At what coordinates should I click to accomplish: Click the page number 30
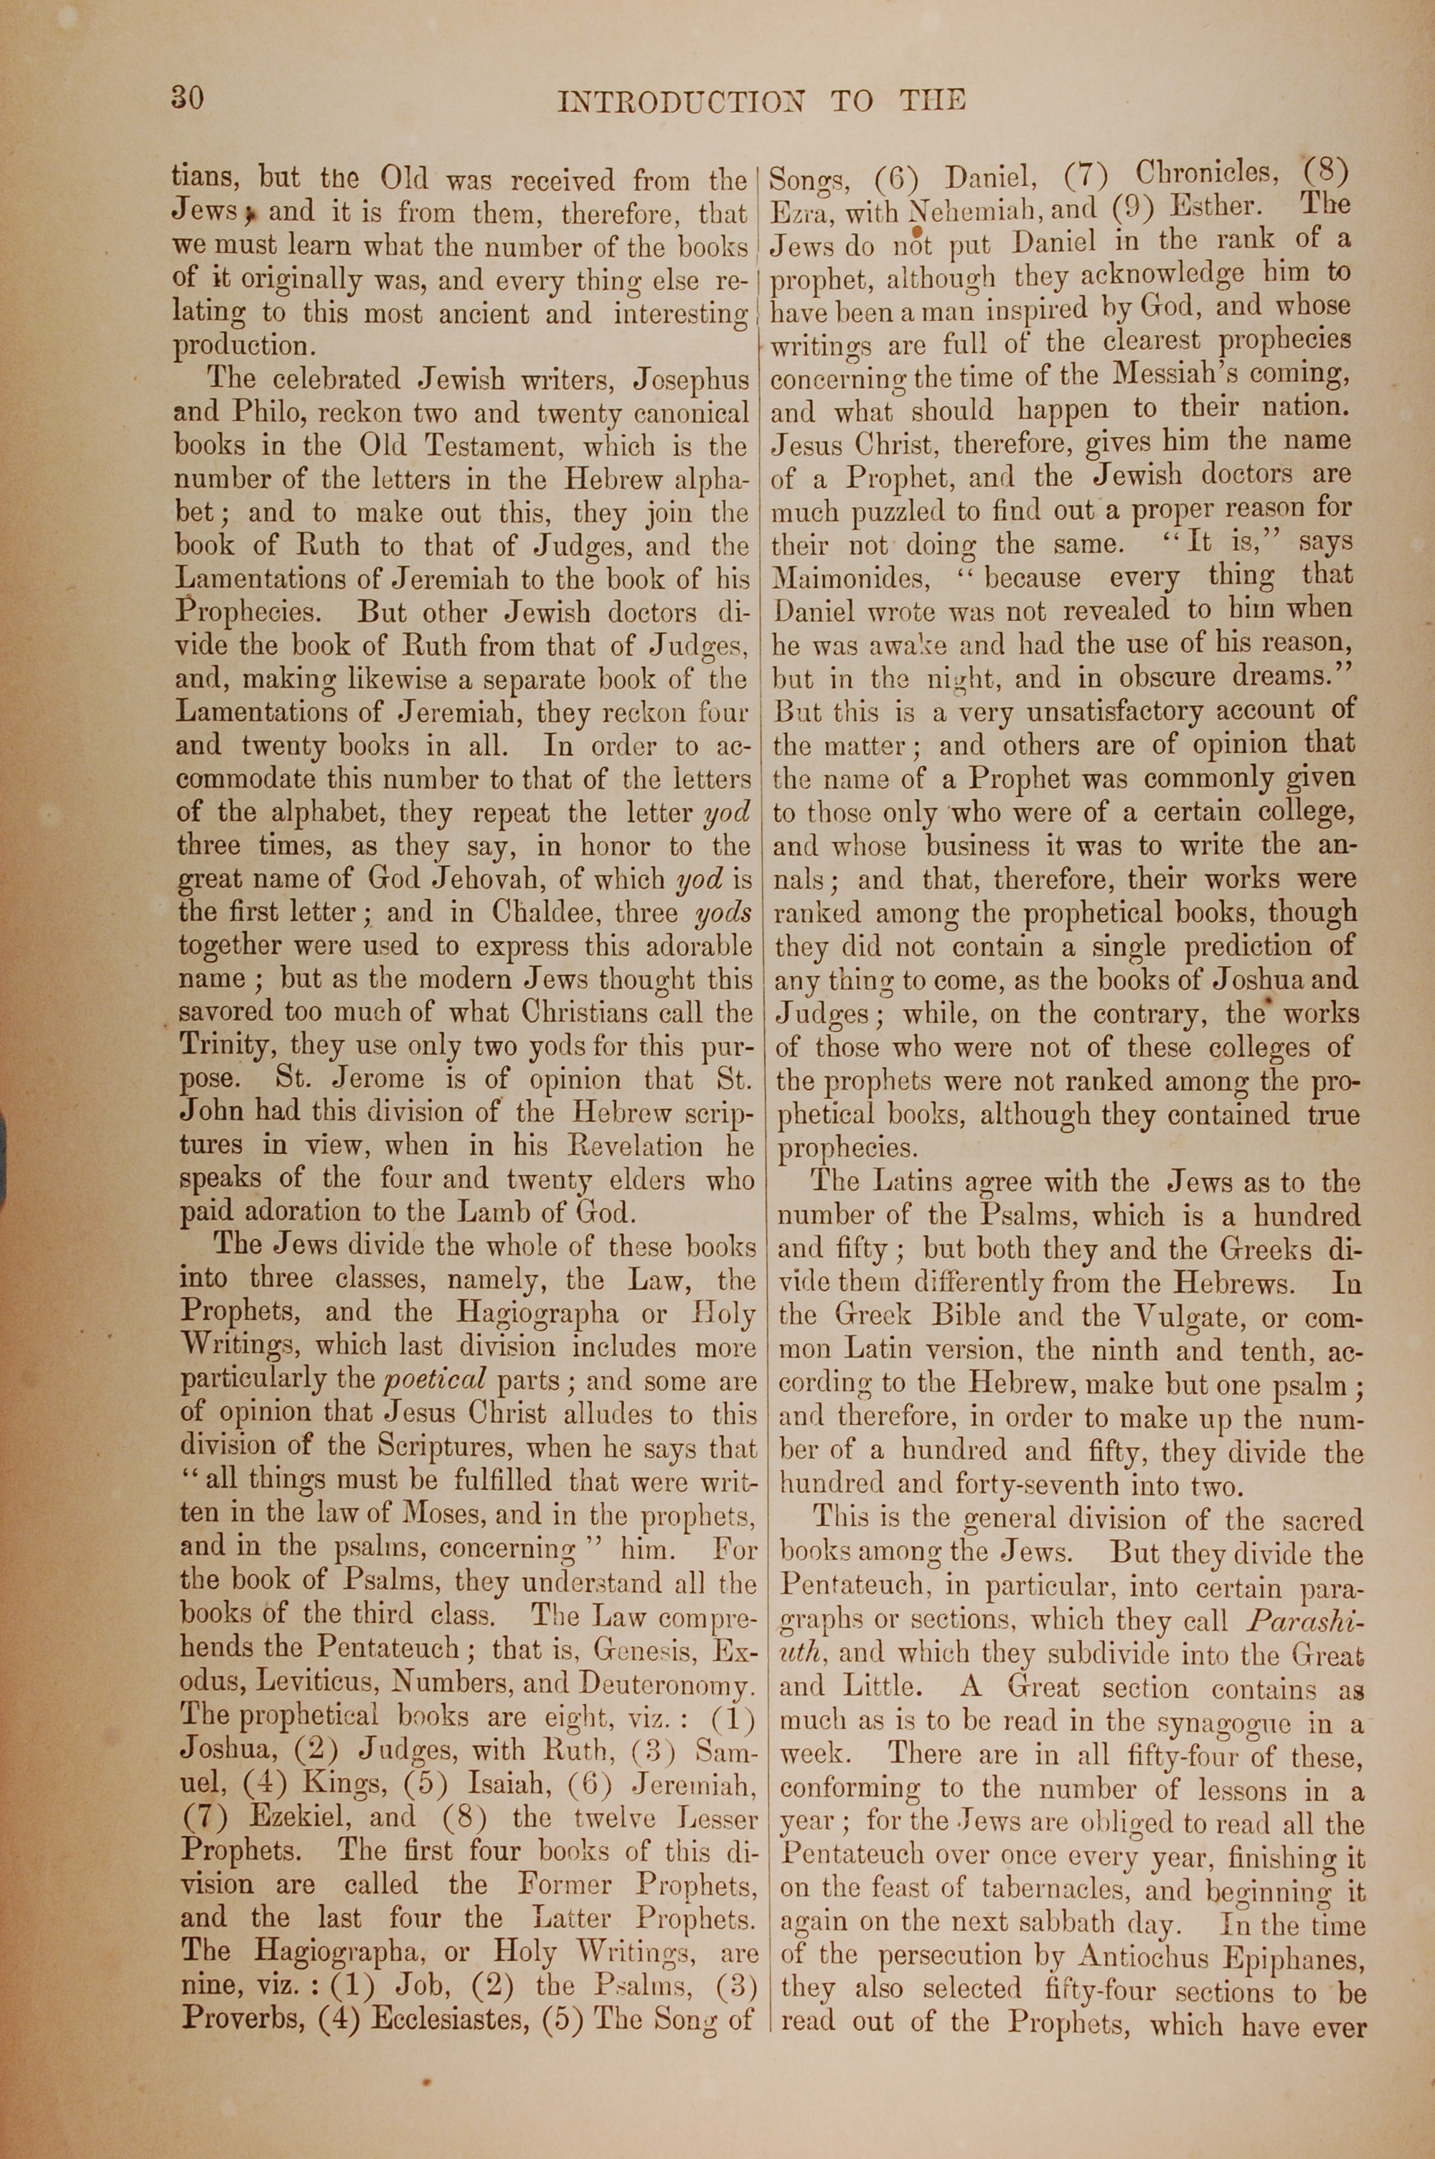pos(187,97)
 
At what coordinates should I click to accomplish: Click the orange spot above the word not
pos(916,233)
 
